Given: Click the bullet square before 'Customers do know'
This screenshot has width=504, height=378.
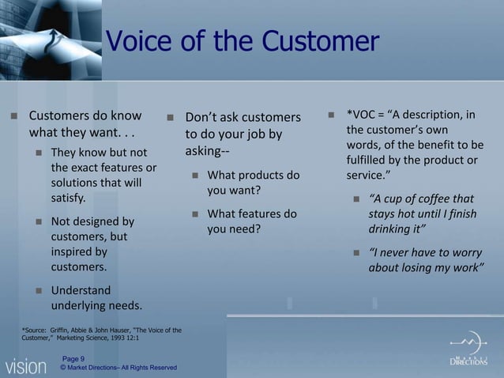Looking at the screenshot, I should (x=13, y=116).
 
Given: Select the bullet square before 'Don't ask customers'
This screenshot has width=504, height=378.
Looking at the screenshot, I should (x=170, y=118).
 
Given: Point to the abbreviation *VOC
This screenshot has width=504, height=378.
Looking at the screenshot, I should (x=363, y=115).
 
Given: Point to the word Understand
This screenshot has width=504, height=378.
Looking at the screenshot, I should (x=81, y=290).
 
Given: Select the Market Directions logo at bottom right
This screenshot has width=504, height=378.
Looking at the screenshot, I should (x=468, y=352).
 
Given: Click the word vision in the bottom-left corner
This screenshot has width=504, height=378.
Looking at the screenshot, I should (x=25, y=366).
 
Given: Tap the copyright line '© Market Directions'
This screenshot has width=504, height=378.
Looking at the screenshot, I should (x=118, y=368).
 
